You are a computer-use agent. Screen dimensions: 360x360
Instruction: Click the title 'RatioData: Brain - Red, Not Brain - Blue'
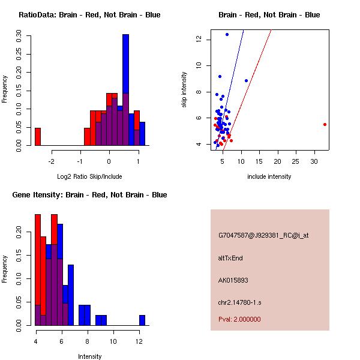(89, 15)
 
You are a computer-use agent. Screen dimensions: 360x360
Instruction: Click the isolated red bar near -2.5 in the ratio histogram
(37, 137)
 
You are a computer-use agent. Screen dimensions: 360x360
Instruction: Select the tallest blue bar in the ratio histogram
(125, 90)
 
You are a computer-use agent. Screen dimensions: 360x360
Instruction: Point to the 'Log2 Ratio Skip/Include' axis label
(89, 176)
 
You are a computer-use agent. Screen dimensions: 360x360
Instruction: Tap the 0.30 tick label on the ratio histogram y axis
(18, 36)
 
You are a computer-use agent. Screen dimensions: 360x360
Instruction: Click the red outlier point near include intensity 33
(325, 124)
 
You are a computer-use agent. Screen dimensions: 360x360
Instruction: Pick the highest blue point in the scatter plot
(227, 34)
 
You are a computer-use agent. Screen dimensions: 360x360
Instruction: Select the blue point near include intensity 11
(246, 80)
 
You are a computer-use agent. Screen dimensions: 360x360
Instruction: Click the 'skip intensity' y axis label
(184, 90)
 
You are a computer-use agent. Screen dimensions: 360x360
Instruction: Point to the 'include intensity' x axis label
(269, 176)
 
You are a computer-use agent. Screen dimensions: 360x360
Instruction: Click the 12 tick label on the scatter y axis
(198, 39)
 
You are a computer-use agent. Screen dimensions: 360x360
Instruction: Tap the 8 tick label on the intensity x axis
(88, 341)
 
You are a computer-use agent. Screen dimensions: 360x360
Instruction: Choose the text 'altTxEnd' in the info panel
(230, 258)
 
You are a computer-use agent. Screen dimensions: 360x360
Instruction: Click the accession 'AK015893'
(233, 280)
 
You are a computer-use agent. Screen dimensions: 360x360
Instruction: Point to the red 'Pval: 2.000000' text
(239, 319)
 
